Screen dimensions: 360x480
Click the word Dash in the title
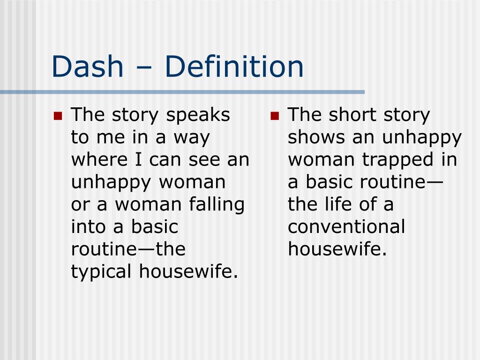[87, 67]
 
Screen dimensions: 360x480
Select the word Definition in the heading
[234, 67]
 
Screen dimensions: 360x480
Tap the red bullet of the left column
[58, 116]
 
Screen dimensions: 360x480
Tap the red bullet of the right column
[275, 116]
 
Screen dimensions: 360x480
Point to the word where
[97, 160]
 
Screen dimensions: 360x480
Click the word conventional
[346, 227]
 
